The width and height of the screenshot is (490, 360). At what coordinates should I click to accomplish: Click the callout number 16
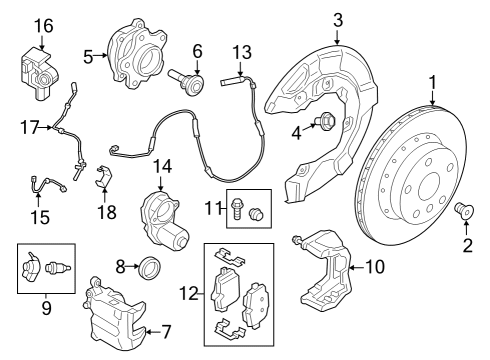coord(44,26)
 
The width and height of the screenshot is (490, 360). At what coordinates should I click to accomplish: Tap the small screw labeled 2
coord(464,211)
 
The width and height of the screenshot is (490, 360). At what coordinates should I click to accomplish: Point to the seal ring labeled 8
coord(150,268)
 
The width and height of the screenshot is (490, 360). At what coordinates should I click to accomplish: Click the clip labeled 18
coord(104,177)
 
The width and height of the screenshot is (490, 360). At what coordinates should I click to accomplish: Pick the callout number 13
coord(242,53)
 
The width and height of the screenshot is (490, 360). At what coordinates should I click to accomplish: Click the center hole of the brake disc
coord(429,187)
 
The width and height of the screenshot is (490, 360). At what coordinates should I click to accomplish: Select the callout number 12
coord(189,293)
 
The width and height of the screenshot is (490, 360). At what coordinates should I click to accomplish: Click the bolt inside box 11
coord(236,209)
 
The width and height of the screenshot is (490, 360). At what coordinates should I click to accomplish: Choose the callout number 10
coord(375,267)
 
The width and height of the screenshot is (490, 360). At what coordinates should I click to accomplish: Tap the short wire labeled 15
coord(47,184)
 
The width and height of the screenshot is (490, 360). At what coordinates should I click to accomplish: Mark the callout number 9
coord(46,308)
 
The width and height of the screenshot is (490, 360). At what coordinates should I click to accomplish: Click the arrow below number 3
coord(338,37)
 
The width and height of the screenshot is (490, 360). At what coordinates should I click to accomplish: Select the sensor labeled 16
coord(37,74)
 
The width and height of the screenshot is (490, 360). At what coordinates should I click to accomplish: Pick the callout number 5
coord(88,57)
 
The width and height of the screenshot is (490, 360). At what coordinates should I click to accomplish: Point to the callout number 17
coord(31,128)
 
